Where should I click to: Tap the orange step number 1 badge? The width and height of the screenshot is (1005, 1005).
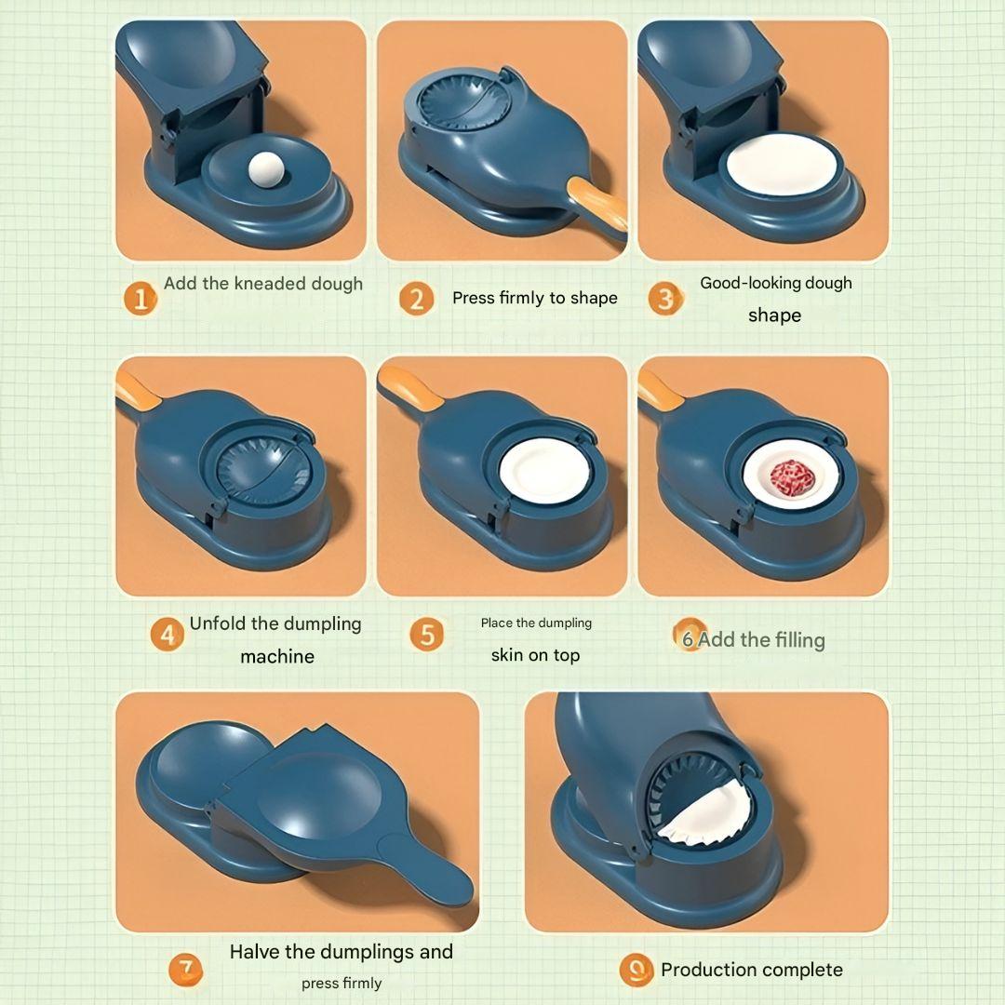(x=141, y=300)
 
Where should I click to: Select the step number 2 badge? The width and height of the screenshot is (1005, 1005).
(x=416, y=300)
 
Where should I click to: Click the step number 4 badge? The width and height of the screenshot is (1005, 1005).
(x=167, y=635)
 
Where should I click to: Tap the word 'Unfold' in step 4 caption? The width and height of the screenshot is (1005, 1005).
(x=220, y=623)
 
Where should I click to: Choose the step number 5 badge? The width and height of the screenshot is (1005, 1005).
(x=426, y=635)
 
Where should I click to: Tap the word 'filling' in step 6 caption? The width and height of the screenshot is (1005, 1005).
(x=795, y=640)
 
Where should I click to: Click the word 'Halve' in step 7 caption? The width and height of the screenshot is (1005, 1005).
(x=255, y=951)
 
